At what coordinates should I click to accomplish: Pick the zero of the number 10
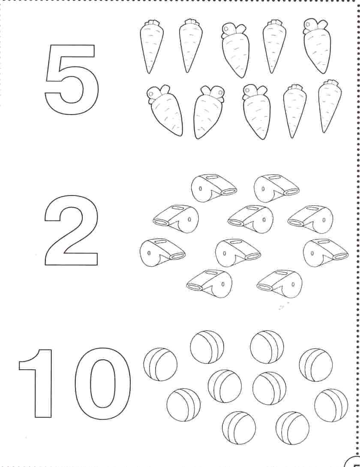[80, 384]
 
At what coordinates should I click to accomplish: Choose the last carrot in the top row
[315, 46]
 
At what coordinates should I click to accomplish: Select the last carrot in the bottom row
[330, 106]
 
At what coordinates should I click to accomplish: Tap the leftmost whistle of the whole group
[162, 250]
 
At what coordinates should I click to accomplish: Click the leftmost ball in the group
[160, 364]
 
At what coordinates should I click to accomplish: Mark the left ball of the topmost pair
[207, 346]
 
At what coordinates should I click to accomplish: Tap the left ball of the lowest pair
[239, 428]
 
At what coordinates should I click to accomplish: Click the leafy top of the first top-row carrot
[152, 23]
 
